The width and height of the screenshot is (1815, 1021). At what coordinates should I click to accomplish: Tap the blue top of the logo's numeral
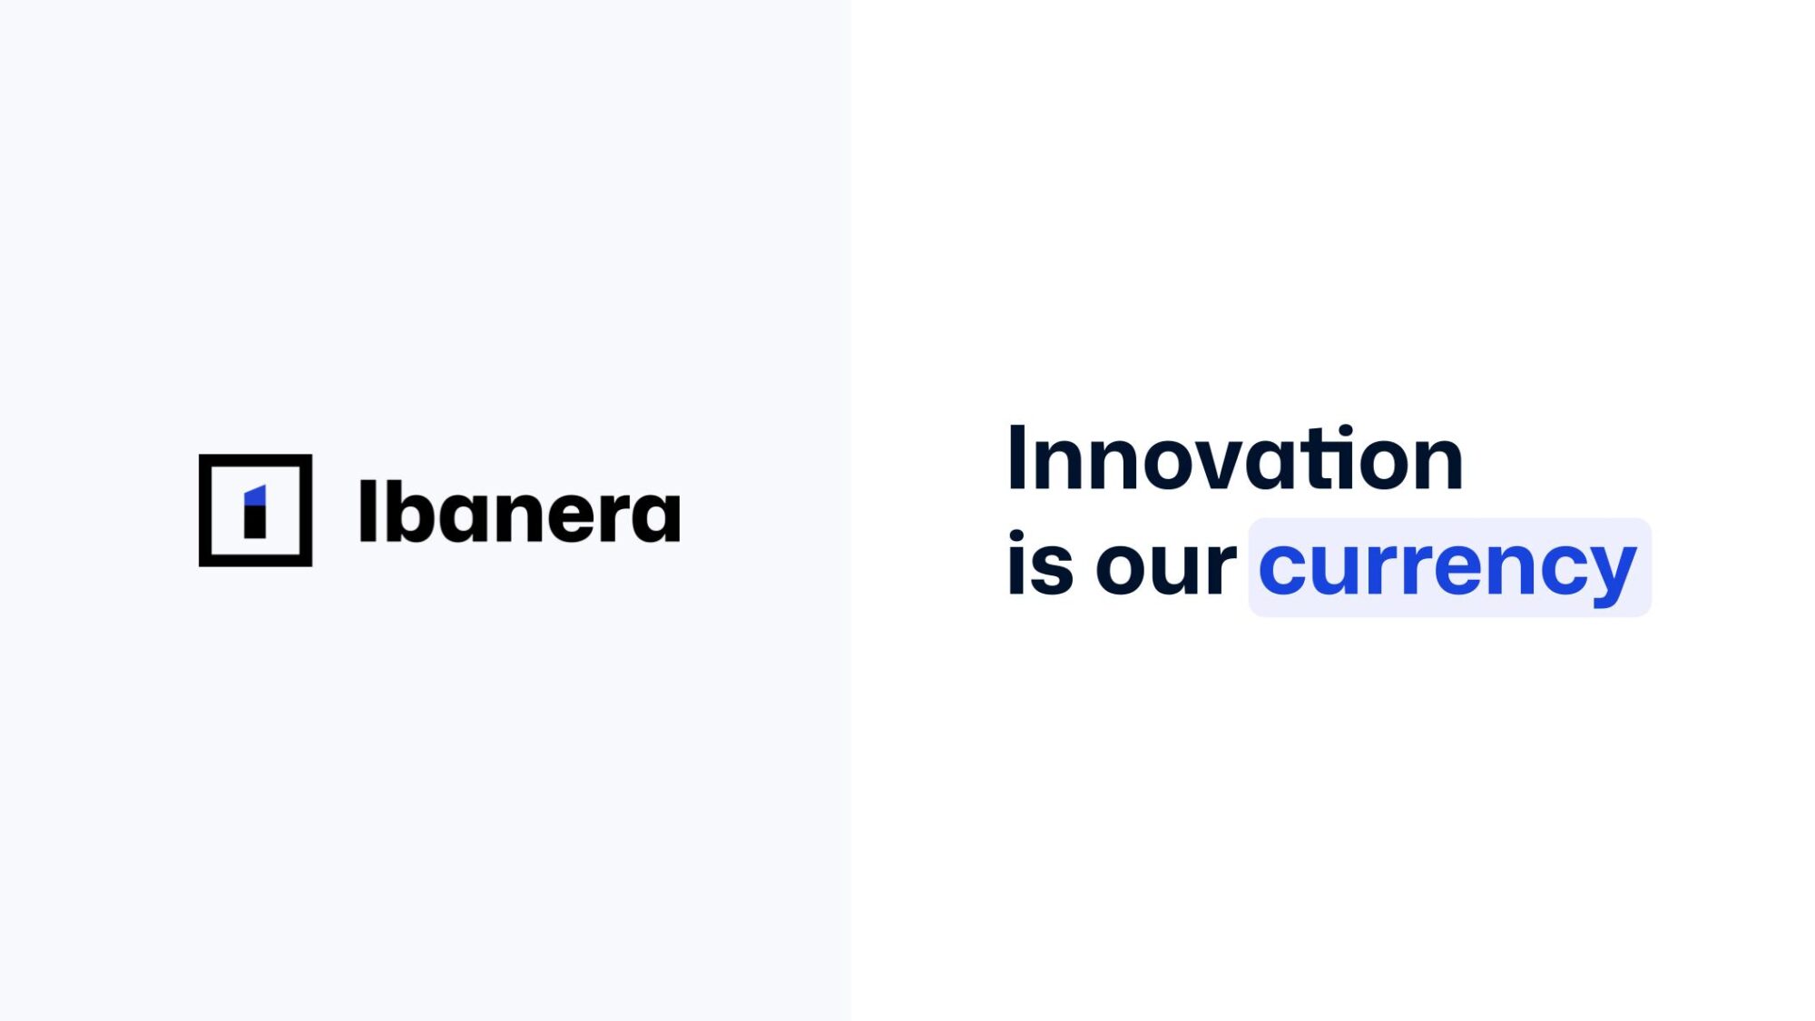point(256,496)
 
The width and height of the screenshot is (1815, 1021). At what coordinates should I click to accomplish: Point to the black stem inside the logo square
point(255,523)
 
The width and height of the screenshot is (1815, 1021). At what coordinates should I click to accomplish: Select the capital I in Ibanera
point(367,511)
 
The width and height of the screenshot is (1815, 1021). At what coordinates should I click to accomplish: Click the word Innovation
point(1235,458)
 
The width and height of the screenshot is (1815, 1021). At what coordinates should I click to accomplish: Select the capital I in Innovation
point(1016,458)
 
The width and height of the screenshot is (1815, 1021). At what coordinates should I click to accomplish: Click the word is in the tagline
point(1040,564)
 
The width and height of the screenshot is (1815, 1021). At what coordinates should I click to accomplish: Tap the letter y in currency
point(1609,577)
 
